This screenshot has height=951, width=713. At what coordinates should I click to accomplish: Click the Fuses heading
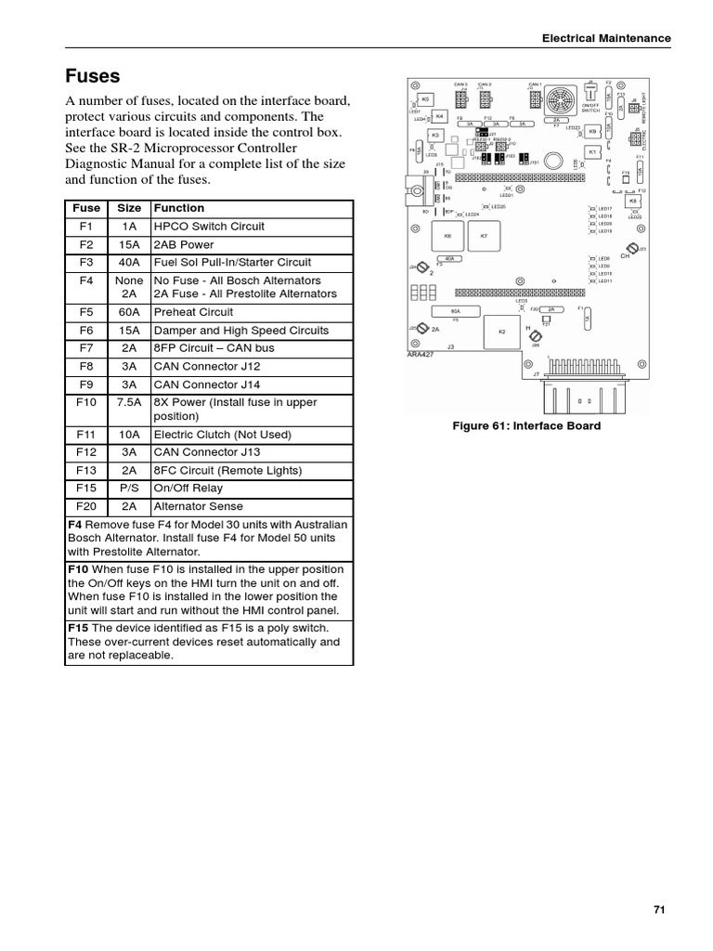93,75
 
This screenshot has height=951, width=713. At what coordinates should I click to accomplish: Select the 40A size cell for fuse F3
129,263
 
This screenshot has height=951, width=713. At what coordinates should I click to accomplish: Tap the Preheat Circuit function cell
193,312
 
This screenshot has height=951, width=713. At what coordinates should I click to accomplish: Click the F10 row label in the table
86,402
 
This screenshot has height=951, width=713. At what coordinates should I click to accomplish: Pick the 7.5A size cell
129,402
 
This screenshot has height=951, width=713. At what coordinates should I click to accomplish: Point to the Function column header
179,208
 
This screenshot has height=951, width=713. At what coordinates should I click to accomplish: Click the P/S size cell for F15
129,489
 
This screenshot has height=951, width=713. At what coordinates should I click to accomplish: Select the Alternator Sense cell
199,506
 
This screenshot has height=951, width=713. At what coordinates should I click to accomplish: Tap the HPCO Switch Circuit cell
209,227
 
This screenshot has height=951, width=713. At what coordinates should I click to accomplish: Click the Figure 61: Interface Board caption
526,426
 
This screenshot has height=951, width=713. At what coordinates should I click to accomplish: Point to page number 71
660,910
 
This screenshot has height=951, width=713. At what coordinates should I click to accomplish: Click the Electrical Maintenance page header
606,38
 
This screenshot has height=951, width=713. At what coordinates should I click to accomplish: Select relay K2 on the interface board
502,332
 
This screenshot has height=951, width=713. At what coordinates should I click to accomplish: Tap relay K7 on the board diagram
484,236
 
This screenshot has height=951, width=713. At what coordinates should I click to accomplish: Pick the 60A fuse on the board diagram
456,312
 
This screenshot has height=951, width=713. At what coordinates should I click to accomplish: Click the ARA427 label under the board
421,354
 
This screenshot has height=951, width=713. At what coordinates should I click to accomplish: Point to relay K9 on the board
592,132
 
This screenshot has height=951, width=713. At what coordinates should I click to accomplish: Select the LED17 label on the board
605,209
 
